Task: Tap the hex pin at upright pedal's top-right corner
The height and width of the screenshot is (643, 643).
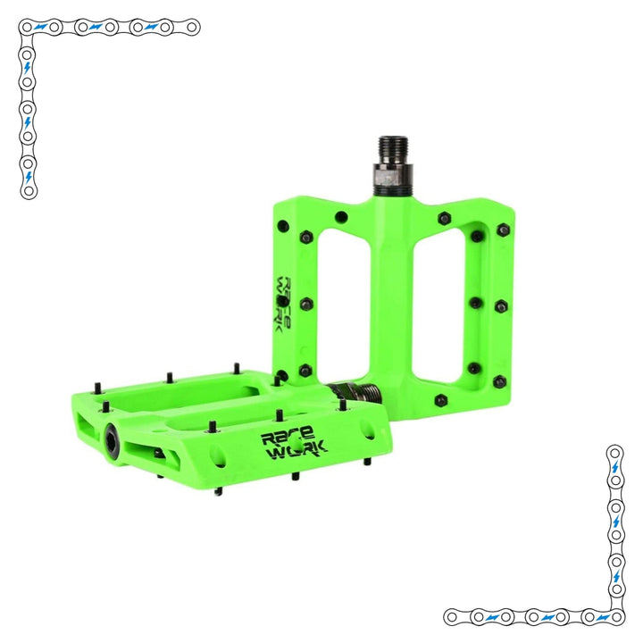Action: (x=503, y=230)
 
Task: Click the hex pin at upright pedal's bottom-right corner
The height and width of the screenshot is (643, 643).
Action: (x=501, y=381)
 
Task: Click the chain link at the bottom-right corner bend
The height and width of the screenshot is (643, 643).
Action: (x=614, y=616)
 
